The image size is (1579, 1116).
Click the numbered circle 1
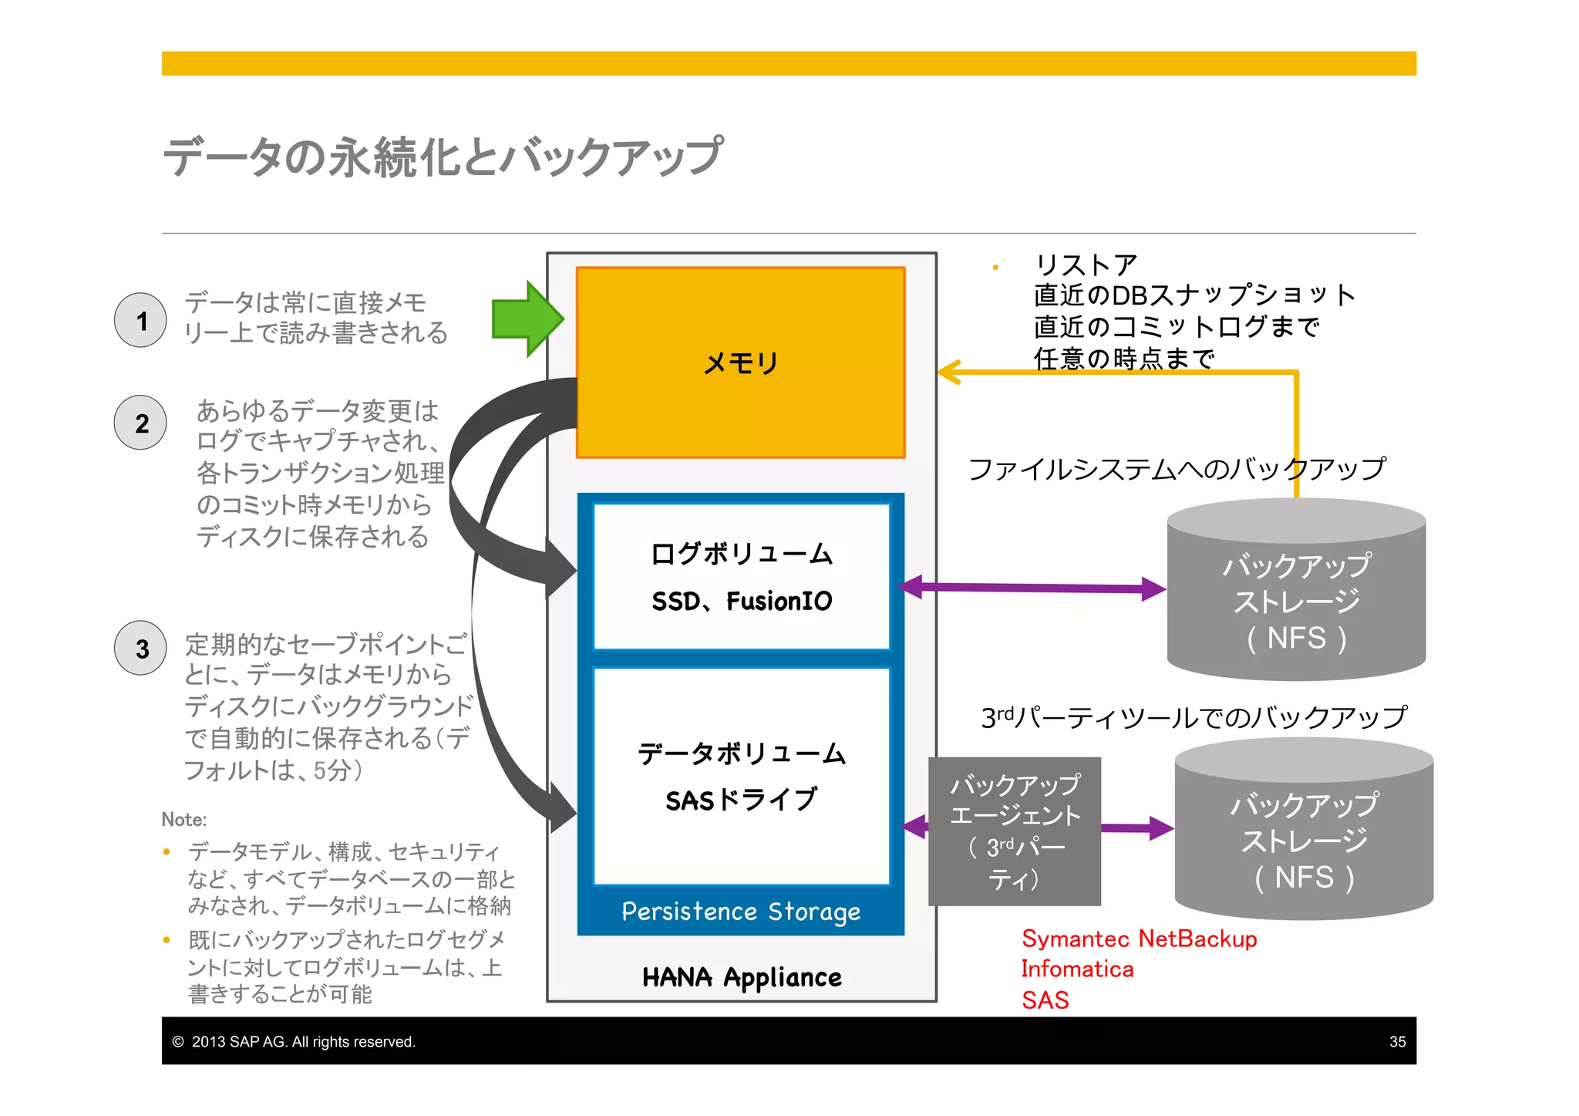point(140,320)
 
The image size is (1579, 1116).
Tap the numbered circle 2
point(140,423)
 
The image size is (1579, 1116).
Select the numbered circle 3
point(140,649)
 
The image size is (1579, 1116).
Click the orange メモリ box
point(740,362)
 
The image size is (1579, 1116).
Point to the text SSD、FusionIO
point(742,601)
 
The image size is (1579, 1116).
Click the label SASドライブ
point(741,800)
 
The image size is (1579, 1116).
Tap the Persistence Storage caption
point(741,912)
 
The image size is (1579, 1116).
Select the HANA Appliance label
point(742,977)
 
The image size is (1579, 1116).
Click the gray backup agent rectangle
point(1015,831)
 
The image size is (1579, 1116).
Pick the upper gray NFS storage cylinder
point(1296,590)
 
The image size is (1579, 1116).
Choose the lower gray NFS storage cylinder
point(1304,829)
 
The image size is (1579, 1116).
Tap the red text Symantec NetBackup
point(1139,939)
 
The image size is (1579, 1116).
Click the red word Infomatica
point(1077,969)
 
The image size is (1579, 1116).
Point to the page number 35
point(1397,1042)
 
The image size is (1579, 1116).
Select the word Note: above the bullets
point(184,819)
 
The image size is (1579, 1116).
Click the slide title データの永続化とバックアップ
point(443,157)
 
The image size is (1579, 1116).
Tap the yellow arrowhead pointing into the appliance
point(950,373)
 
